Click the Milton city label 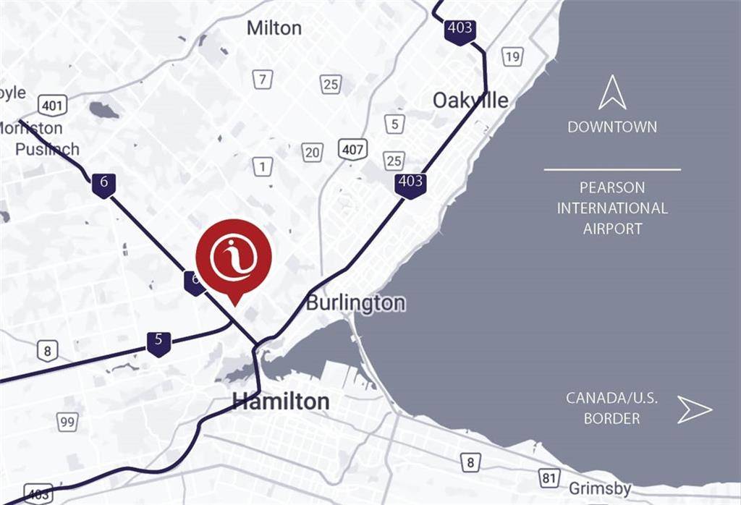[274, 28]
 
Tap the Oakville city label [470, 101]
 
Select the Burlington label [355, 302]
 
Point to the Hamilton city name [280, 402]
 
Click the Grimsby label [600, 488]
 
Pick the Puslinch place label [47, 149]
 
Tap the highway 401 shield [53, 106]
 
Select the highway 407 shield [352, 150]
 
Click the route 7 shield [263, 79]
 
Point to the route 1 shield [263, 166]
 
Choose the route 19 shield [513, 56]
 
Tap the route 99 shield [68, 421]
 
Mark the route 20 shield [312, 152]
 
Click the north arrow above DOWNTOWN [612, 93]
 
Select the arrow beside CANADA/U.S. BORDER [694, 409]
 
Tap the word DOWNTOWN [612, 127]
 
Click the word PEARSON [612, 188]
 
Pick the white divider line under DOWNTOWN [612, 169]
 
